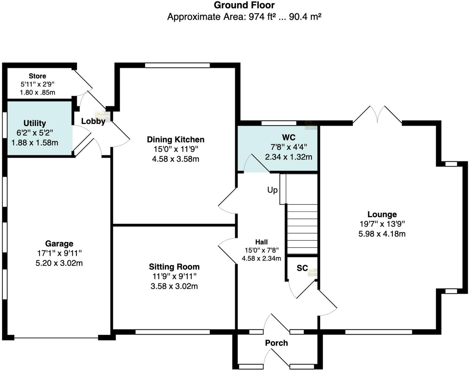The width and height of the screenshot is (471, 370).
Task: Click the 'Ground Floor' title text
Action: pos(244,5)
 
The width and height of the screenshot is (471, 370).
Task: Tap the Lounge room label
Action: pos(382,214)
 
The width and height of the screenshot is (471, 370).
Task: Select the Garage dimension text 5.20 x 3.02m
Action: pos(59,263)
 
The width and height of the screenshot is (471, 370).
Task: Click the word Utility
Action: pos(34,123)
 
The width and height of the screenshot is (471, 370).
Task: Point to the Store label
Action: pos(37,76)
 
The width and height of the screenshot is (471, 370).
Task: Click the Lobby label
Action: pos(93,121)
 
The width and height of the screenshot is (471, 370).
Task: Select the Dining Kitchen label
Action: pos(175,139)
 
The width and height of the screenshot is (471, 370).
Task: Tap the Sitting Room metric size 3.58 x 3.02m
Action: pos(174,286)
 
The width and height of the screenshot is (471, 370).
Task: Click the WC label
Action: pos(289,137)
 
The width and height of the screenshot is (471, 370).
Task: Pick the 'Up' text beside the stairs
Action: pos(272,190)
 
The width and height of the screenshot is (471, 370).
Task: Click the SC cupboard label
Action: pos(302,268)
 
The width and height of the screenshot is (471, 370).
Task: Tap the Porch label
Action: pos(276,343)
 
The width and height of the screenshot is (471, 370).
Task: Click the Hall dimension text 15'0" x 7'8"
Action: pos(261,250)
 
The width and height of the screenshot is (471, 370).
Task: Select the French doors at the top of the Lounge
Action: pos(377,115)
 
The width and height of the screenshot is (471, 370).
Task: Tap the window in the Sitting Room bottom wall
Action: pos(172,332)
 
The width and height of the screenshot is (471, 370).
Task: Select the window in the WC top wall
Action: pos(279,123)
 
